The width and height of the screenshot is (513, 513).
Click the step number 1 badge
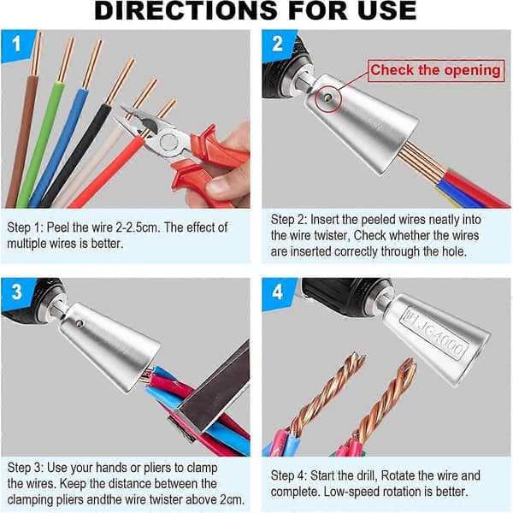point(16,44)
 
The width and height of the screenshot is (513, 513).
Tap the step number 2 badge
point(277,44)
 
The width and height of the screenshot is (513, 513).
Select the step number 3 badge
point(16,292)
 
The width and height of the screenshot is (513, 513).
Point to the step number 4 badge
point(277,292)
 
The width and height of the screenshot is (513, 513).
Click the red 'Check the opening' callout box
point(436,70)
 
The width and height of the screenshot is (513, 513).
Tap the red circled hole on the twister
point(327,97)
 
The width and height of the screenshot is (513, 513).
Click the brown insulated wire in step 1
point(22,141)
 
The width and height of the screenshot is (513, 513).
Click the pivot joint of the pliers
point(169,142)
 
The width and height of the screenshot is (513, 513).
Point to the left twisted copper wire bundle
point(327,392)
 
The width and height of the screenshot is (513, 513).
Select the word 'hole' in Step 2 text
point(453,251)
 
